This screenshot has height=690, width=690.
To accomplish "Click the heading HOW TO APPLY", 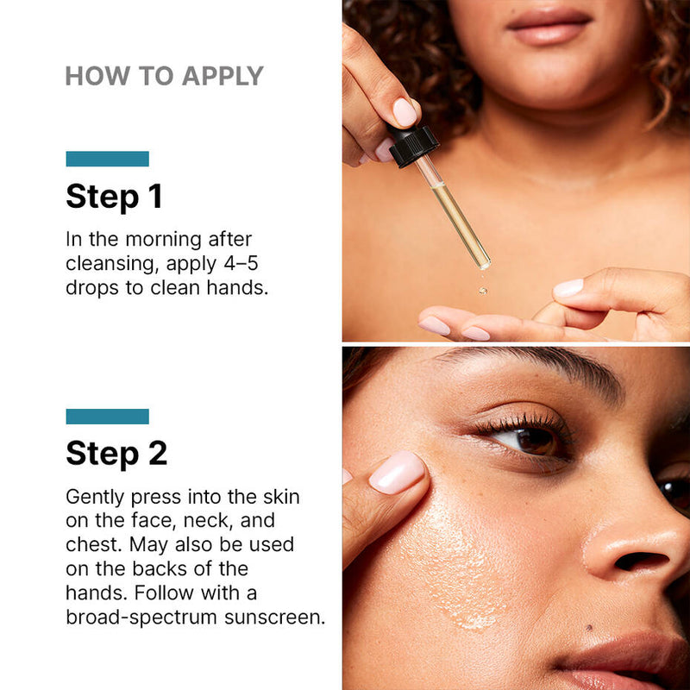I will (x=164, y=76).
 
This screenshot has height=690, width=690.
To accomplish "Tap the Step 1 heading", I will (x=114, y=197).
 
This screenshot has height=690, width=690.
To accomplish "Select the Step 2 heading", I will (x=116, y=453).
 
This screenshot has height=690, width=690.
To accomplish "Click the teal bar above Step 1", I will (x=107, y=159).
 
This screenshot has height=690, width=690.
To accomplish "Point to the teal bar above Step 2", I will (x=107, y=417).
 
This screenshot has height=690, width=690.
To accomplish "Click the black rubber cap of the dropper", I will (x=412, y=145).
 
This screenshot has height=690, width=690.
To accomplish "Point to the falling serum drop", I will (x=483, y=290).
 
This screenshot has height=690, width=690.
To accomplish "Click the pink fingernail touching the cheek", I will (x=398, y=473).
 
